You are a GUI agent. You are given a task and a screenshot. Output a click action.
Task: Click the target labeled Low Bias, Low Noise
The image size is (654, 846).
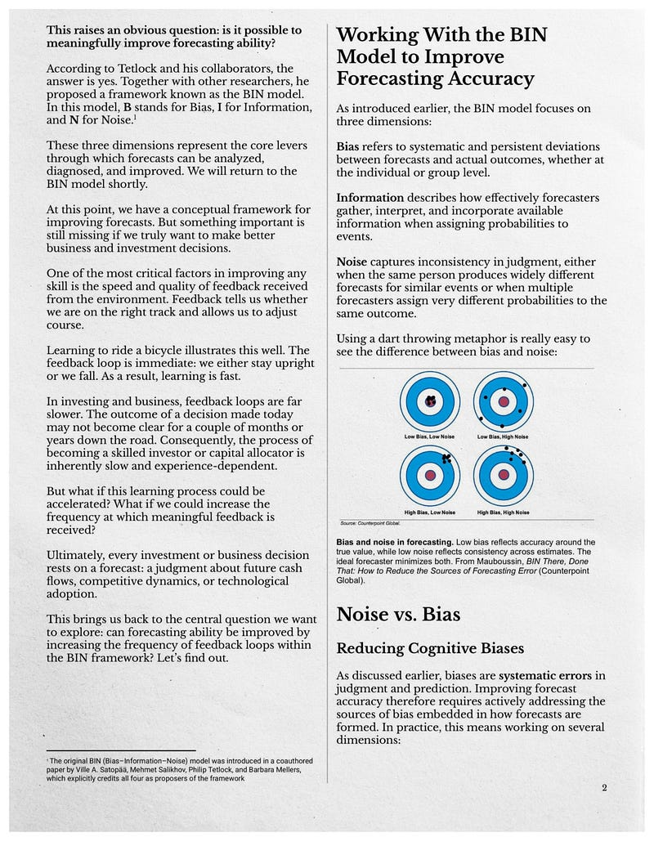(x=430, y=401)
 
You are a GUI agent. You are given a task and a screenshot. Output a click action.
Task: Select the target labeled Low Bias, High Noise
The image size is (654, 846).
(x=503, y=401)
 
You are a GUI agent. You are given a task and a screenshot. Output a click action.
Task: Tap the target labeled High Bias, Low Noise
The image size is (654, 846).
(x=430, y=476)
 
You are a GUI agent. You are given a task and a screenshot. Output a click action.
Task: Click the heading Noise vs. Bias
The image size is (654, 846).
(x=398, y=614)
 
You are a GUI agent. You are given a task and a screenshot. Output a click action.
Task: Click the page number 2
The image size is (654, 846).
(x=603, y=787)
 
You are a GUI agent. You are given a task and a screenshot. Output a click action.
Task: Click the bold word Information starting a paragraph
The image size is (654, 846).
(x=370, y=198)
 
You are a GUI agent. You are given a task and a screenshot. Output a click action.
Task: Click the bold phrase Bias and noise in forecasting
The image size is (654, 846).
(x=395, y=542)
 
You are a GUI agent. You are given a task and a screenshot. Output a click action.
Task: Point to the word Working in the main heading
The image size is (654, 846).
(x=376, y=35)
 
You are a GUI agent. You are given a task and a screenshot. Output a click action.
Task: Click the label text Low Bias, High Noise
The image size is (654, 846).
(x=503, y=437)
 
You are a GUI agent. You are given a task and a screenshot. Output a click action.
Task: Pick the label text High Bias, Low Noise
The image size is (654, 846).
(x=430, y=513)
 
